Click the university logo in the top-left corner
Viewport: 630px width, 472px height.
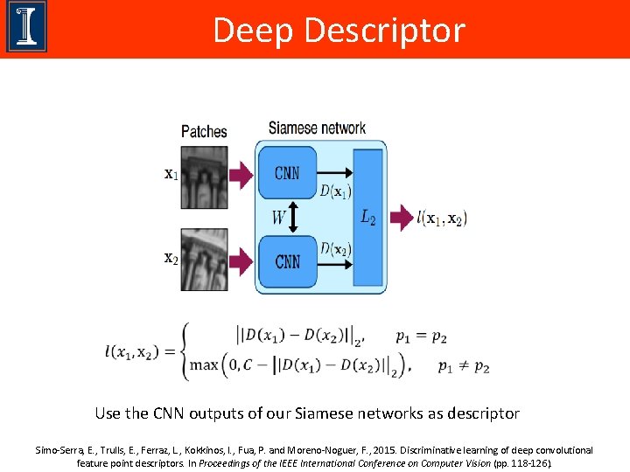26,27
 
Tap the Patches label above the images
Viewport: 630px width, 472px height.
204,131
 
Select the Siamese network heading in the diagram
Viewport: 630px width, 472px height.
317,128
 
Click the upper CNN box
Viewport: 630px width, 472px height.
287,173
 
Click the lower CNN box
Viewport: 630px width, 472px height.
287,261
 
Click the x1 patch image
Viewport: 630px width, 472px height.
205,173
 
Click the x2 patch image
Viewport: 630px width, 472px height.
205,260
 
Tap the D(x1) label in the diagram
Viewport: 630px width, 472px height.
335,191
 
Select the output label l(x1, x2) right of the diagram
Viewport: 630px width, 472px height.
442,217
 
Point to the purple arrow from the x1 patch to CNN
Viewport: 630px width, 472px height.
241,173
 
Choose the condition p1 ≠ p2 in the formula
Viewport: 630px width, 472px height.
464,366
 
